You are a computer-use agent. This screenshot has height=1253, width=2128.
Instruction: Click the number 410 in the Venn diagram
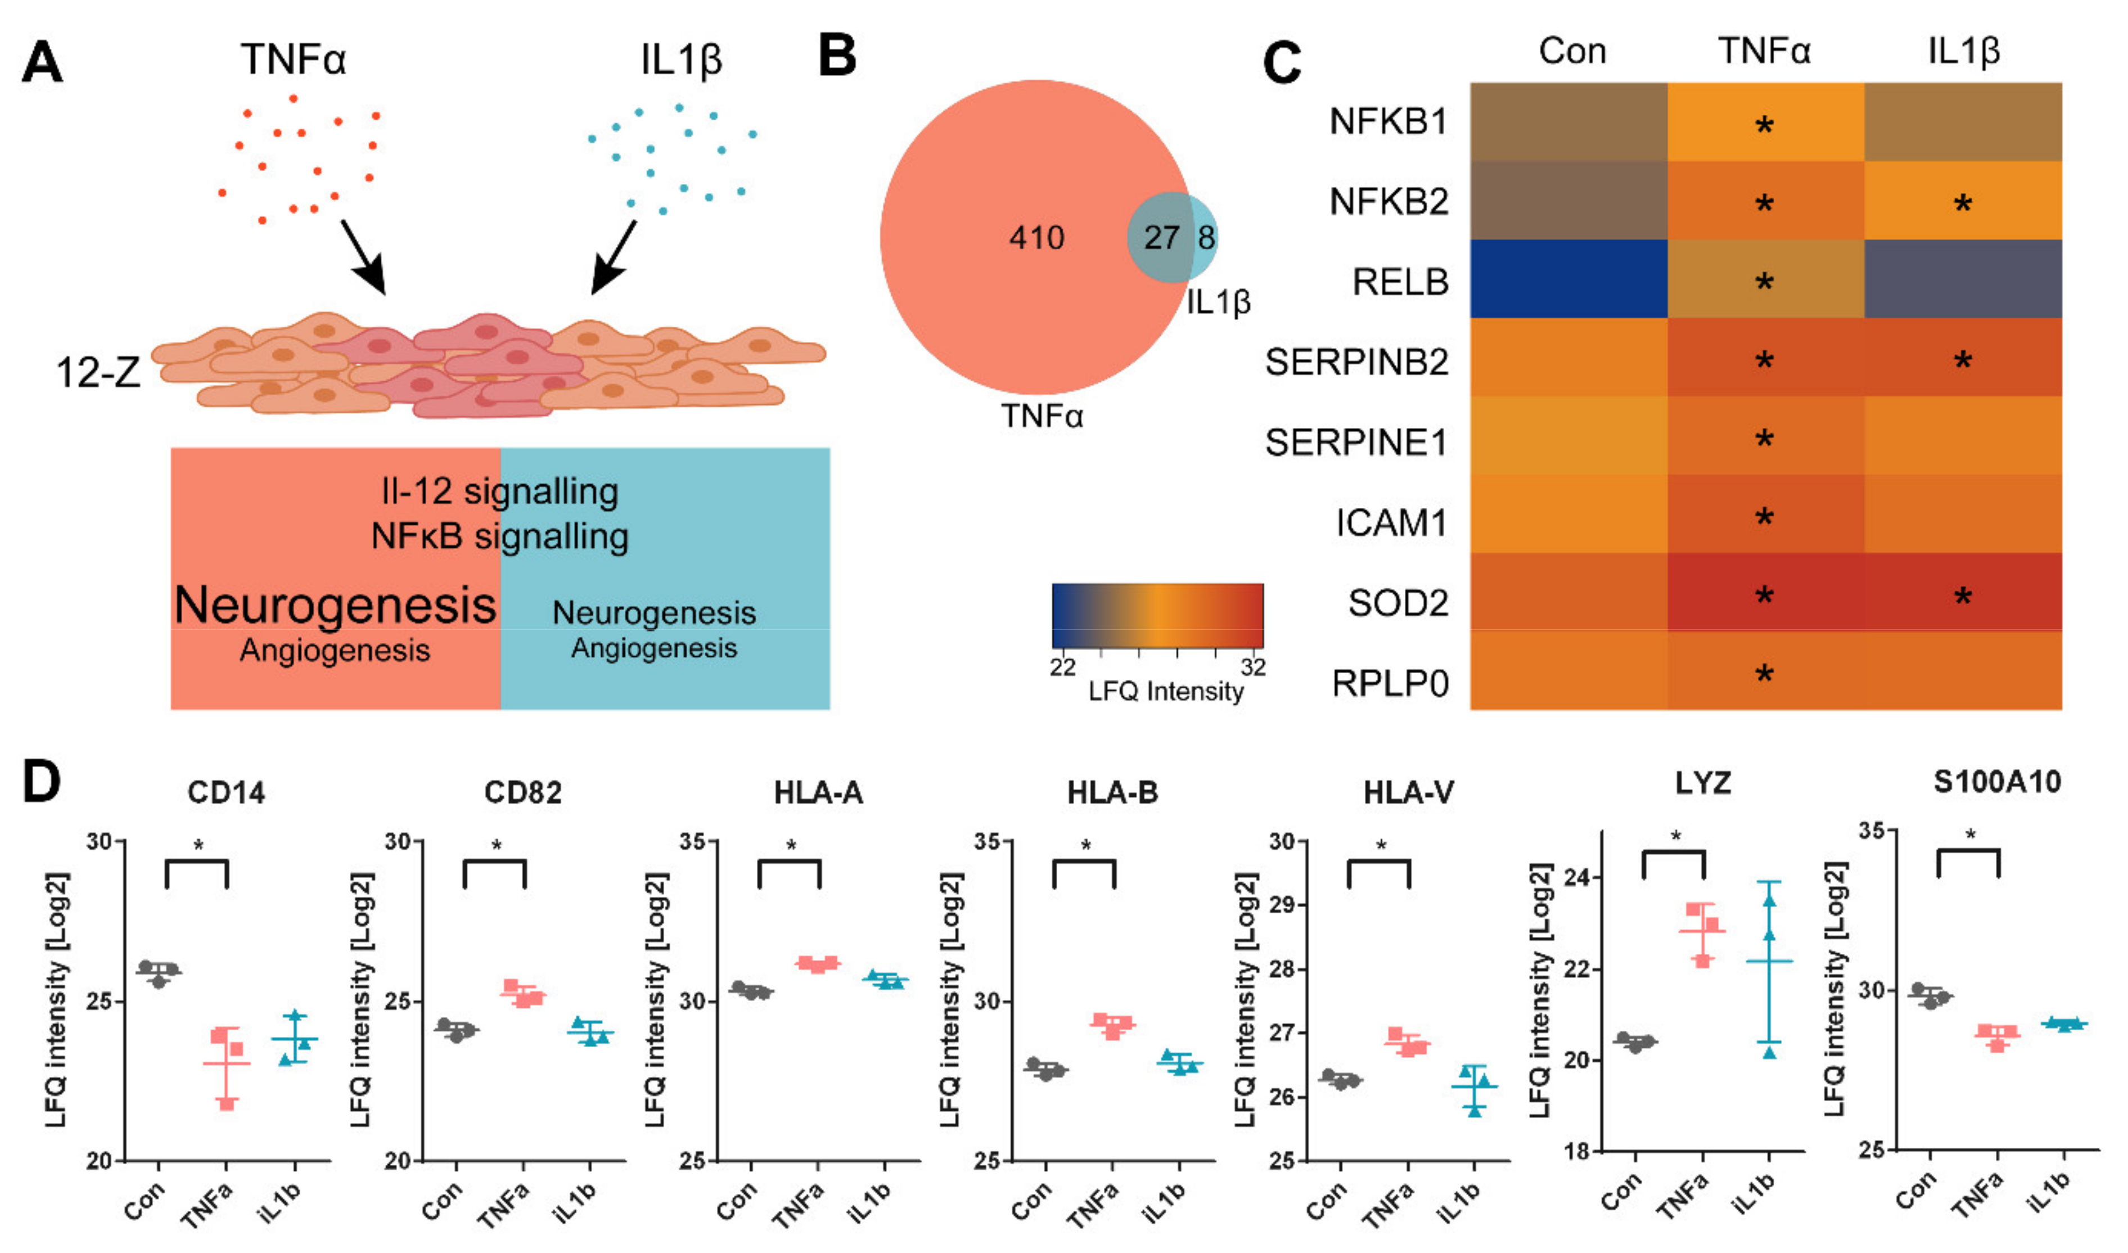[1036, 238]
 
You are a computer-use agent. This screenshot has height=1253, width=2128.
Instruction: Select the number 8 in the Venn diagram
[1206, 238]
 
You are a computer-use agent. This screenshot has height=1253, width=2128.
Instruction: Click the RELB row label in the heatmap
[1400, 282]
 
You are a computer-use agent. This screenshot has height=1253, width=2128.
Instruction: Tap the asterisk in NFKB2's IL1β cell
[1963, 204]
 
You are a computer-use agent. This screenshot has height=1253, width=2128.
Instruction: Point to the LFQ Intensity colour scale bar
[1157, 615]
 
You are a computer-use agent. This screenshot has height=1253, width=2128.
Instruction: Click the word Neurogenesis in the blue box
[653, 613]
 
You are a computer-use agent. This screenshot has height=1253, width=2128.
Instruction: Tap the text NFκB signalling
[500, 536]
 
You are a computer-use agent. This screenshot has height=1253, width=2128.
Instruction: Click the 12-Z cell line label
[98, 372]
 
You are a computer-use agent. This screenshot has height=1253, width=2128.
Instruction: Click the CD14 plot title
[226, 793]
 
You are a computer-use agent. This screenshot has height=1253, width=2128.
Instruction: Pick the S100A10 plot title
[1996, 783]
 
